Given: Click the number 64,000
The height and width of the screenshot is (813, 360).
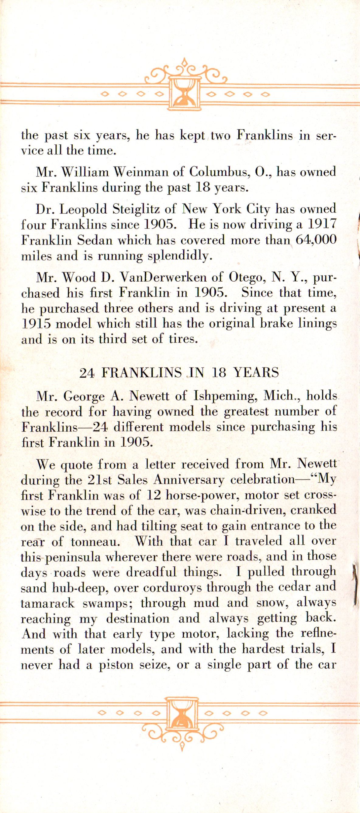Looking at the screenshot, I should [316, 240].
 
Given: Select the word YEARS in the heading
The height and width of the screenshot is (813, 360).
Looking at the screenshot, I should [256, 373].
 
